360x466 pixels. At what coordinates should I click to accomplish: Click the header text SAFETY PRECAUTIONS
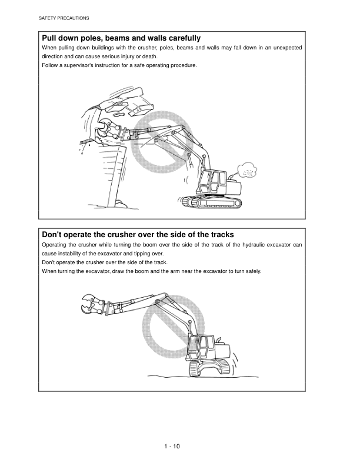[64, 19]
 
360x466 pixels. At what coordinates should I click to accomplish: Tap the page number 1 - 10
[172, 446]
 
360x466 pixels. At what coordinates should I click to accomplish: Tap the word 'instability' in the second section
[73, 253]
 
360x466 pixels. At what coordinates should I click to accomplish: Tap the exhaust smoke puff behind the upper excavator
[246, 171]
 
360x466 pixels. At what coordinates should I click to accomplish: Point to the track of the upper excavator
[211, 202]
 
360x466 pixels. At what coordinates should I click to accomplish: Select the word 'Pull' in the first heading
[50, 38]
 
